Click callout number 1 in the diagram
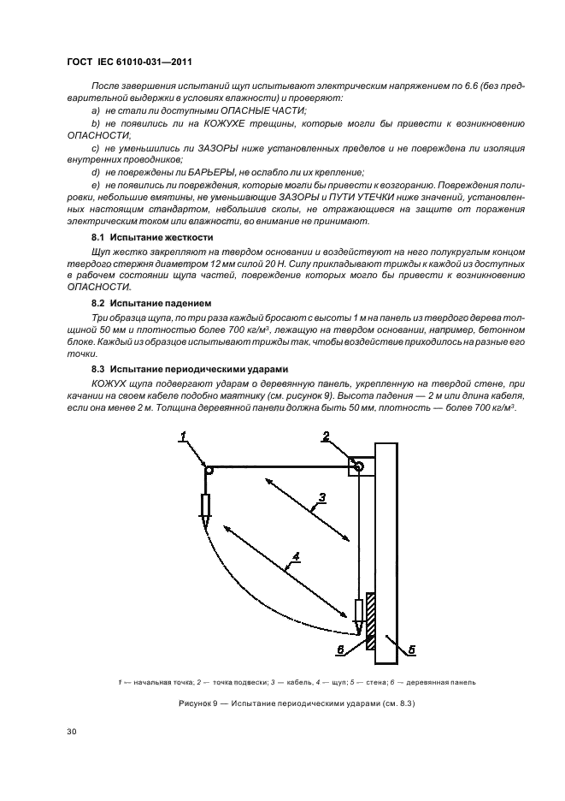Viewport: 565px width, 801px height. tap(182, 438)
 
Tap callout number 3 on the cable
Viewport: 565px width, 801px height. tap(323, 496)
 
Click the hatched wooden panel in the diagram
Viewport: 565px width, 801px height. tap(370, 620)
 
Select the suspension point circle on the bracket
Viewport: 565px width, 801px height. tap(359, 466)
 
